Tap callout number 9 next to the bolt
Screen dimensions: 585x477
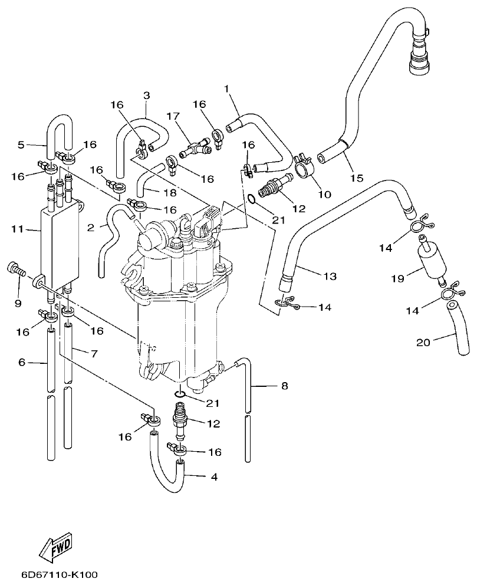point(18,303)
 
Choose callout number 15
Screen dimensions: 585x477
point(358,177)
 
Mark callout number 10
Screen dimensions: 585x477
point(324,193)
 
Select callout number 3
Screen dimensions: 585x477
point(146,95)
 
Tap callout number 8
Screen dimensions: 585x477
point(284,387)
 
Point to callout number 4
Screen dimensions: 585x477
point(214,476)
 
